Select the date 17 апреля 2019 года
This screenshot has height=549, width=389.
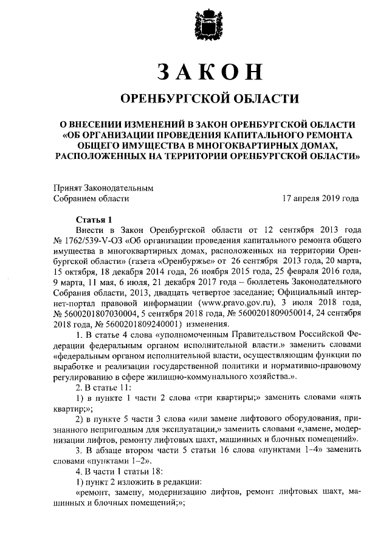[320, 198]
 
